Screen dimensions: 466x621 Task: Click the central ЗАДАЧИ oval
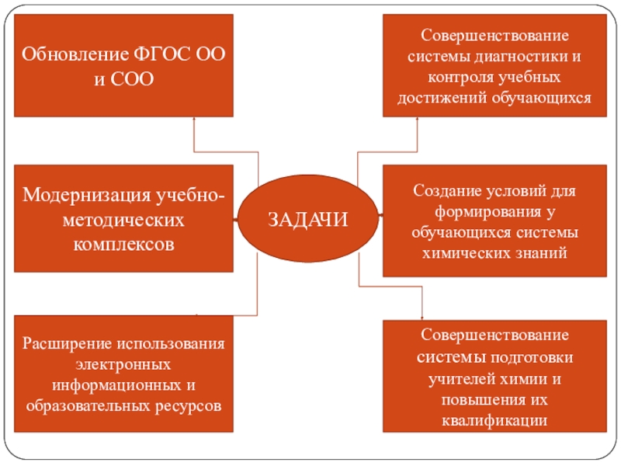pyautogui.click(x=308, y=219)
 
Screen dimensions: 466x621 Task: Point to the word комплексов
pyautogui.click(x=124, y=244)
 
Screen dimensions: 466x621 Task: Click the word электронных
pyautogui.click(x=124, y=363)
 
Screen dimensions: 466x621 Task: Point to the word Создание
pyautogui.click(x=441, y=191)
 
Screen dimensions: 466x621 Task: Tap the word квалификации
pyautogui.click(x=494, y=420)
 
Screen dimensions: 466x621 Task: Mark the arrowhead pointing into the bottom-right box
pyautogui.click(x=422, y=315)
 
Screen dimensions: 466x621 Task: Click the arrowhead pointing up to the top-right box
pyautogui.click(x=417, y=119)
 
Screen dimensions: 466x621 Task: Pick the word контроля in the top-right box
pyautogui.click(x=456, y=78)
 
